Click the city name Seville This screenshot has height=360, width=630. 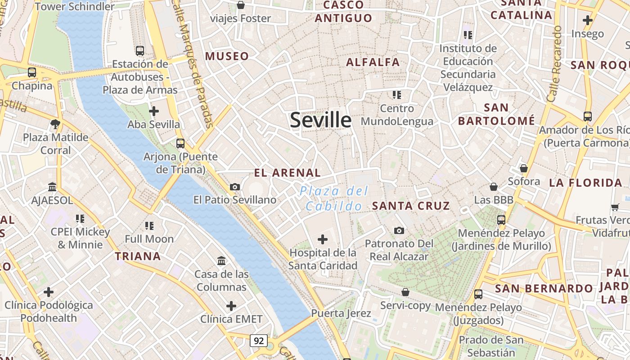click(320, 120)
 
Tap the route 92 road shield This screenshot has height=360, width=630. click(258, 341)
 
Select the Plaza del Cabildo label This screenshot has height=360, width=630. click(333, 198)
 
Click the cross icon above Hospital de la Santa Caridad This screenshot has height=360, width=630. click(323, 239)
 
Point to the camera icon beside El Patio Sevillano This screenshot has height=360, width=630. click(234, 187)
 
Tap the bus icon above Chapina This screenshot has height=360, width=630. click(32, 72)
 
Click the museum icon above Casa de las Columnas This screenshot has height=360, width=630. click(221, 261)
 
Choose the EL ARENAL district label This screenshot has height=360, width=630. click(287, 173)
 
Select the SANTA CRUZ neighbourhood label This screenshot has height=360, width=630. click(411, 206)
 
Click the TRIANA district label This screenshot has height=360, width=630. click(138, 256)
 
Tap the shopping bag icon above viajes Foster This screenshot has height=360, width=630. click(241, 5)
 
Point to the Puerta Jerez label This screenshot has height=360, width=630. click(341, 313)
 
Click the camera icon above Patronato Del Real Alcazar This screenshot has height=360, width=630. click(399, 230)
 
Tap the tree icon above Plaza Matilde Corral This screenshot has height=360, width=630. click(55, 124)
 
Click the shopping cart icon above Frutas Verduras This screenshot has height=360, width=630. click(615, 207)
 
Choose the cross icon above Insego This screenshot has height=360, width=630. click(587, 20)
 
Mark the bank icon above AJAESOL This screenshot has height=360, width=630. click(52, 187)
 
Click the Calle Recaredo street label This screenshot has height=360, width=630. click(554, 63)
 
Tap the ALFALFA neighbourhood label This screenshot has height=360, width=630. click(373, 63)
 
